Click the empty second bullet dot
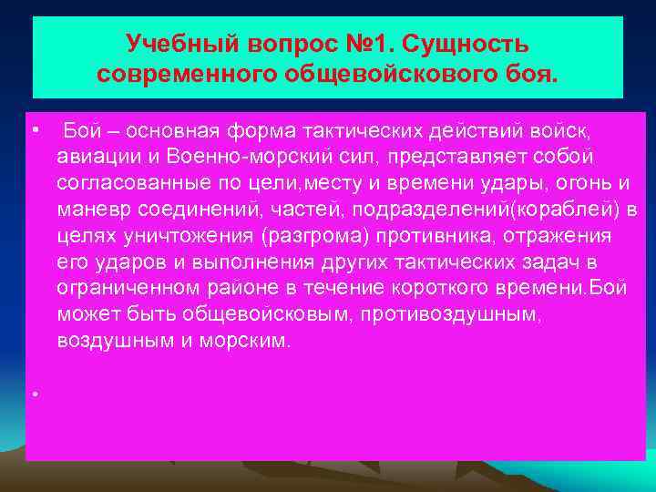(x=33, y=394)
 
